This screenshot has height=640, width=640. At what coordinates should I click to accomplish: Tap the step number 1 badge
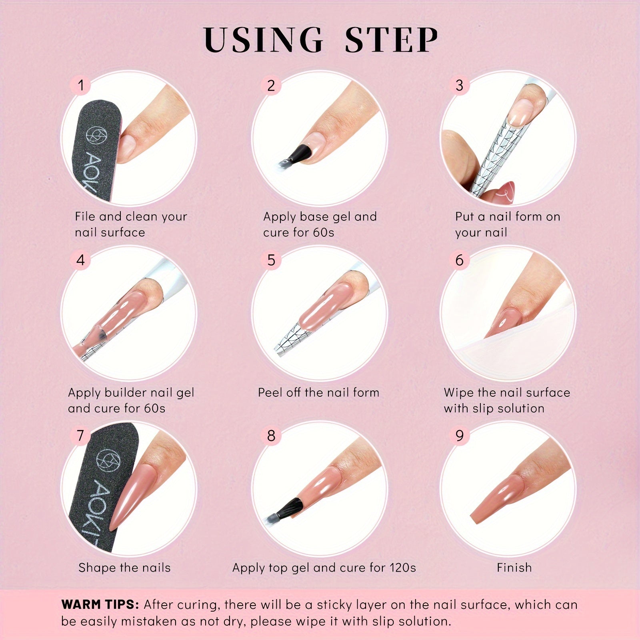pyautogui.click(x=81, y=85)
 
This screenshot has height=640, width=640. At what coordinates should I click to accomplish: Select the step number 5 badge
pyautogui.click(x=271, y=260)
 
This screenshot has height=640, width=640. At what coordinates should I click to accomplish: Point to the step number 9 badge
pyautogui.click(x=459, y=436)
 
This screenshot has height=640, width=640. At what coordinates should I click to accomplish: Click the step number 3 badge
pyautogui.click(x=459, y=85)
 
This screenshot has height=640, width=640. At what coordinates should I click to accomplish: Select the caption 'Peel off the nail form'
pyautogui.click(x=318, y=392)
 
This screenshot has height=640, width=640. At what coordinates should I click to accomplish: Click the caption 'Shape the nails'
pyautogui.click(x=124, y=568)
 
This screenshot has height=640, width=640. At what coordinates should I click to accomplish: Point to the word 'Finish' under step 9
pyautogui.click(x=514, y=568)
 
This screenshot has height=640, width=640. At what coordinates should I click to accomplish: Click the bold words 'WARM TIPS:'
pyautogui.click(x=100, y=604)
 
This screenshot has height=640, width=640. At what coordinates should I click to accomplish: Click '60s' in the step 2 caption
pyautogui.click(x=323, y=232)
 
